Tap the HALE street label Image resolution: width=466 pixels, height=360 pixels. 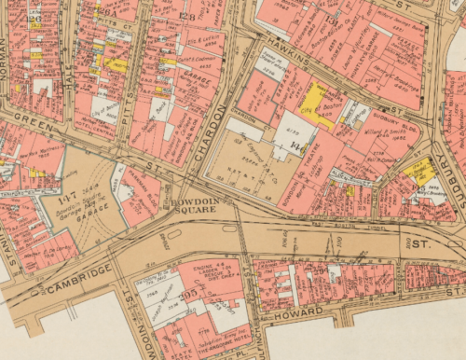[67, 70]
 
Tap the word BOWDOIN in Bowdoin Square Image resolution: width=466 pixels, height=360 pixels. [193, 202]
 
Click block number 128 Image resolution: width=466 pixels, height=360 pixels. [187, 17]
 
